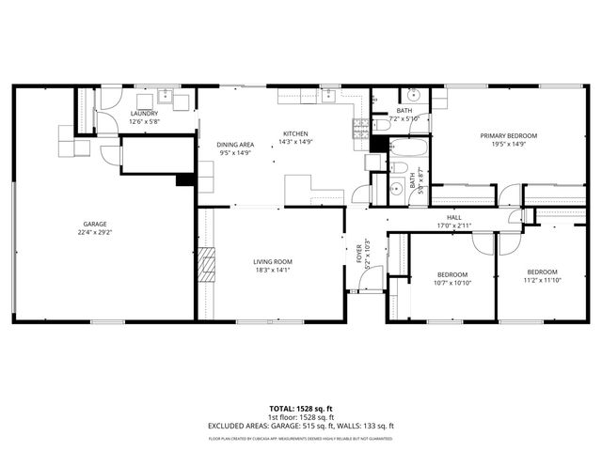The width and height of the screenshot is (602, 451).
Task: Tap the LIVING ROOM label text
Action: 273,262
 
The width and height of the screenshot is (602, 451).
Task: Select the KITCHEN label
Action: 294,133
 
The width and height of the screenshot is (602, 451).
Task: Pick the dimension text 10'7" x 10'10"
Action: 451,283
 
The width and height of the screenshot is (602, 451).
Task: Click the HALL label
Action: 454,217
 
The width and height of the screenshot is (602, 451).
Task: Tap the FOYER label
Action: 357,253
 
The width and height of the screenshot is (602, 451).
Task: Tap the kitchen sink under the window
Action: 328,95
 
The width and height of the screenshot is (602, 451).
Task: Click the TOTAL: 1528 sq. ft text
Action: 301,409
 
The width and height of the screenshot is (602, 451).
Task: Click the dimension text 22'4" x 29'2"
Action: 94,233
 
